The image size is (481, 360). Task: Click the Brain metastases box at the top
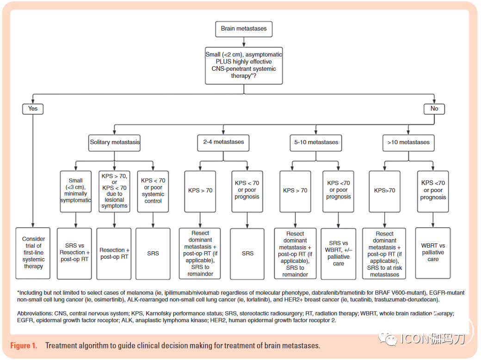[x=244, y=29]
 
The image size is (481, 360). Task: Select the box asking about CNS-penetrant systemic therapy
[x=244, y=66]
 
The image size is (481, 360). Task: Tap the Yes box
[x=33, y=109]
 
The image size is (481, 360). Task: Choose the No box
[x=434, y=109]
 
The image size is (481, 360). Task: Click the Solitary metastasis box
[x=114, y=143]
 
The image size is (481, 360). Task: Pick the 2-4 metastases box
[x=223, y=143]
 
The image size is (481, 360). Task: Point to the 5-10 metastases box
[x=316, y=143]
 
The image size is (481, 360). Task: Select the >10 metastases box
[x=408, y=143]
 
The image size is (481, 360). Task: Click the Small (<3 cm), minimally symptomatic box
[x=76, y=192]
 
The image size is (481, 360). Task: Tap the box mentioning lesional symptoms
[x=114, y=192]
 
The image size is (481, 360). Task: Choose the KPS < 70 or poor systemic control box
[x=153, y=192]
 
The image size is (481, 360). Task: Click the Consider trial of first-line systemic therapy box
[x=33, y=253]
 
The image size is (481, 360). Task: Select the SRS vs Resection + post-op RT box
[x=74, y=254]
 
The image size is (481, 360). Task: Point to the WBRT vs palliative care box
[x=433, y=253]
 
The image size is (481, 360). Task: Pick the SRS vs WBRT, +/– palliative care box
[x=339, y=254]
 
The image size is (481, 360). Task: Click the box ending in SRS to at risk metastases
[x=384, y=254]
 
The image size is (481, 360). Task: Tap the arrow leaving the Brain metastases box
[x=244, y=42]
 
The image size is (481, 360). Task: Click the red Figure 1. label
[x=24, y=346]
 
